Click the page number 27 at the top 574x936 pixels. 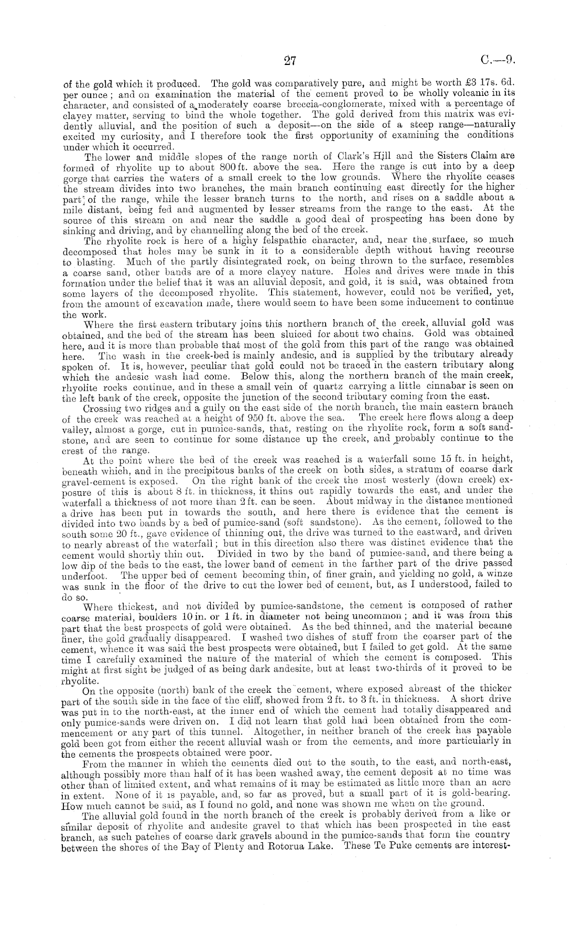point(289,61)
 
